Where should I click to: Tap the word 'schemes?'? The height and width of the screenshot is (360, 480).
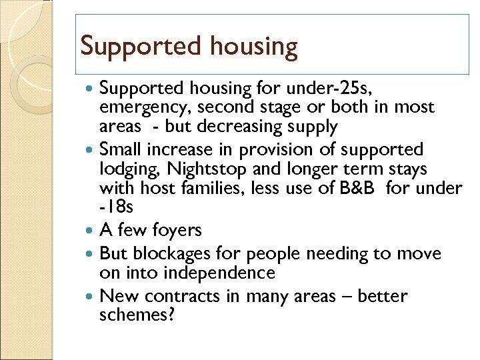[x=136, y=315]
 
